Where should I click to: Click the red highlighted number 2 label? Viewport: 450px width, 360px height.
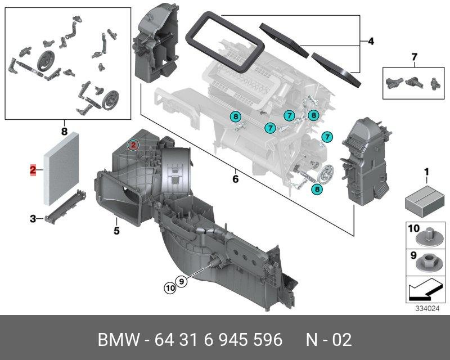[33, 170]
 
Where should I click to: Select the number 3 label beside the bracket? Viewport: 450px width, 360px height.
[33, 219]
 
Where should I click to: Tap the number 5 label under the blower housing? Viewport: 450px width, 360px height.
[116, 231]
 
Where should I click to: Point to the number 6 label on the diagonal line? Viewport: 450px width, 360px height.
[235, 179]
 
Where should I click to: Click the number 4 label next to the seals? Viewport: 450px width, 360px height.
[371, 41]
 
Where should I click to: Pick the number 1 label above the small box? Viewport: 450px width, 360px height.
[426, 172]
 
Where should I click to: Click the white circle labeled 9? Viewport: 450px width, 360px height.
[181, 281]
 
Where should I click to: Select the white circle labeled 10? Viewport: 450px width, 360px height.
[170, 287]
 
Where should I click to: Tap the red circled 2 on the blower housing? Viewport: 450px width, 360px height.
[133, 145]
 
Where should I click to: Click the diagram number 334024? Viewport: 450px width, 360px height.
[427, 309]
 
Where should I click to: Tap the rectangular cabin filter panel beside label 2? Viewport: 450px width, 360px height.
[61, 169]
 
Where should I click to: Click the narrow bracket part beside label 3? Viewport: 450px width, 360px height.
[65, 206]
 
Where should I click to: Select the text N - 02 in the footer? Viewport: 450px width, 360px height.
[328, 340]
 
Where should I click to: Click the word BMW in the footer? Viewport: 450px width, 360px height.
[119, 340]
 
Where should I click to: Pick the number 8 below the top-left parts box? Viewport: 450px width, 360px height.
[64, 132]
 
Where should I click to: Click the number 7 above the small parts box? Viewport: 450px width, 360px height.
[414, 57]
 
